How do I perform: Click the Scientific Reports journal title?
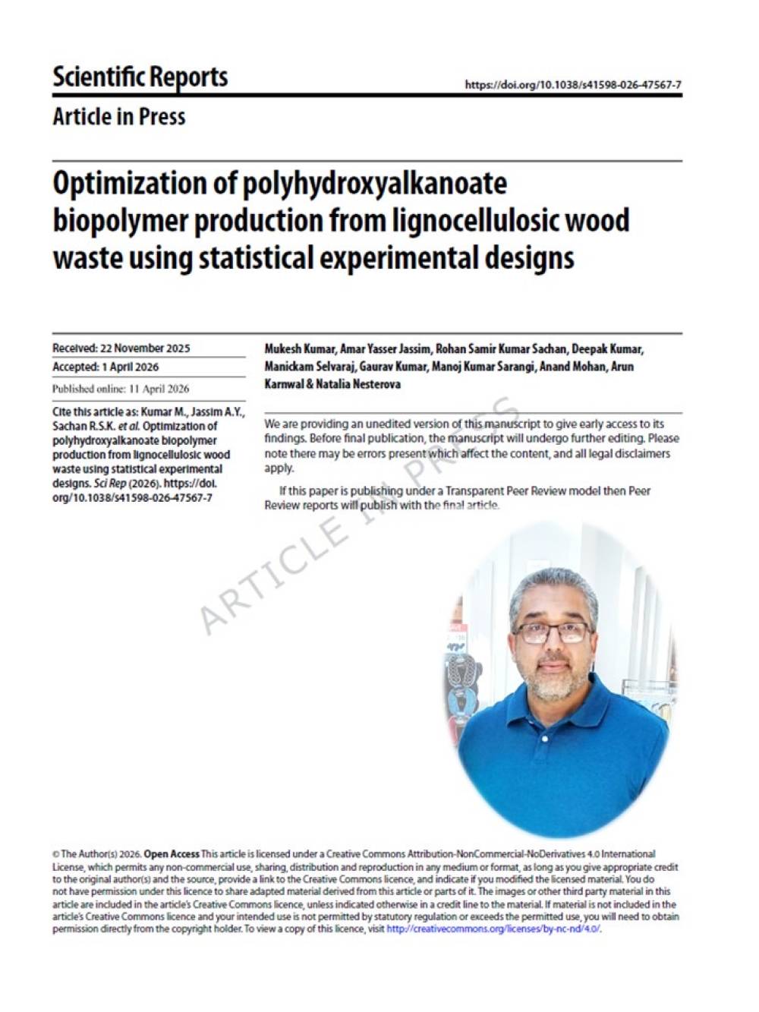pyautogui.click(x=140, y=77)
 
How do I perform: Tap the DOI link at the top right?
pyautogui.click(x=572, y=85)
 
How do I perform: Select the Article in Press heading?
pyautogui.click(x=119, y=117)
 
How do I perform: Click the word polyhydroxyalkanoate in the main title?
pyautogui.click(x=375, y=184)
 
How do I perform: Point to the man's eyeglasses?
pyautogui.click(x=553, y=632)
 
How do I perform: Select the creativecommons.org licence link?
pyautogui.click(x=493, y=928)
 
